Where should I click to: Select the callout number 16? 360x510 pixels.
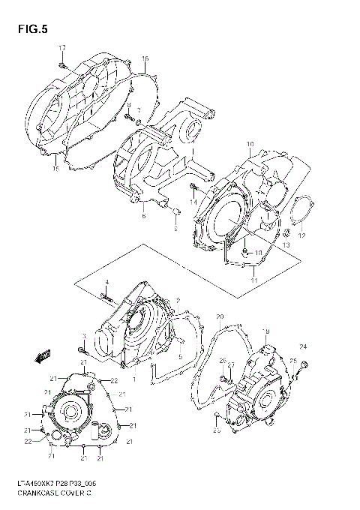(145, 58)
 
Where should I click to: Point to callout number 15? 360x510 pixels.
(55, 169)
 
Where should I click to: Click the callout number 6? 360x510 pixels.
(142, 216)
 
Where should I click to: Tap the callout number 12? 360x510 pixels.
(302, 236)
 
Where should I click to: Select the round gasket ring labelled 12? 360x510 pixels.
(301, 212)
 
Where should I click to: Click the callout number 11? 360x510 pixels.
(254, 279)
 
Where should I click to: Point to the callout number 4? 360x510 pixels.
(107, 281)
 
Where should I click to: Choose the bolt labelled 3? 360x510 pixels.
(82, 349)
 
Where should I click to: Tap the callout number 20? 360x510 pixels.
(220, 316)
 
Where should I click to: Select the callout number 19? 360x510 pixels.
(265, 331)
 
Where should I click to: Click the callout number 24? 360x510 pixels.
(304, 346)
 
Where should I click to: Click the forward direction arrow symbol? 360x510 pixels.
(44, 355)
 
